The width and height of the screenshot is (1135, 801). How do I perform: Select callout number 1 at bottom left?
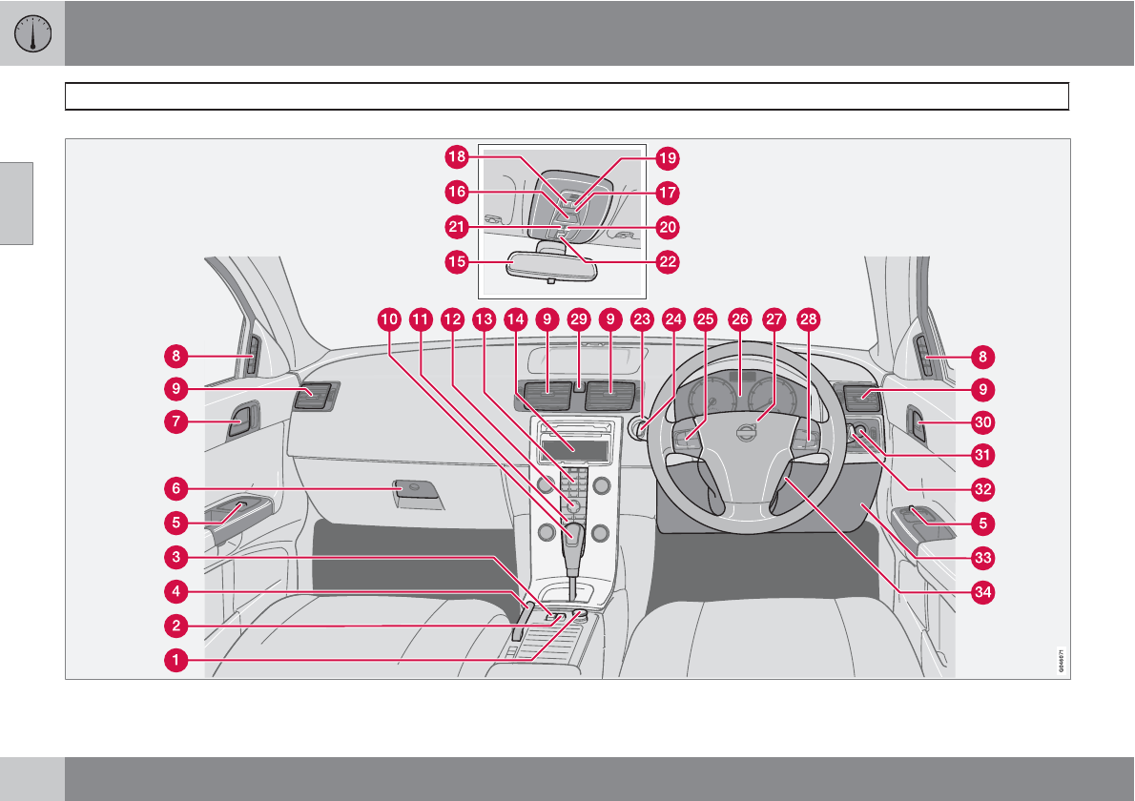coord(175,659)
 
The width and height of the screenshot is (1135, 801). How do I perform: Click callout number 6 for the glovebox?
coord(175,488)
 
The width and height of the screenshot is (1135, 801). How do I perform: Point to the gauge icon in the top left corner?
coord(32,33)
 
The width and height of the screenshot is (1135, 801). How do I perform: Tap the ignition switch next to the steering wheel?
coord(637,427)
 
